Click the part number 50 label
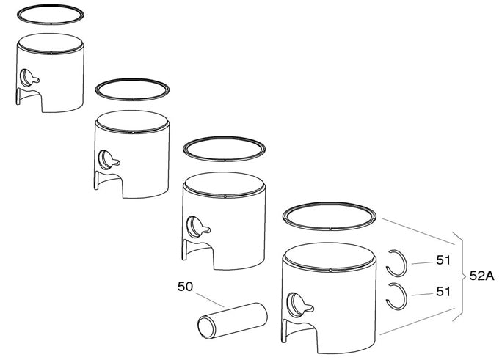point(185,286)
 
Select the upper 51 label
point(443,260)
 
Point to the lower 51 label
point(443,291)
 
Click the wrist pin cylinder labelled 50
point(231,320)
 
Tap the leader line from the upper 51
point(423,261)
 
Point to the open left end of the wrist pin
point(203,326)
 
